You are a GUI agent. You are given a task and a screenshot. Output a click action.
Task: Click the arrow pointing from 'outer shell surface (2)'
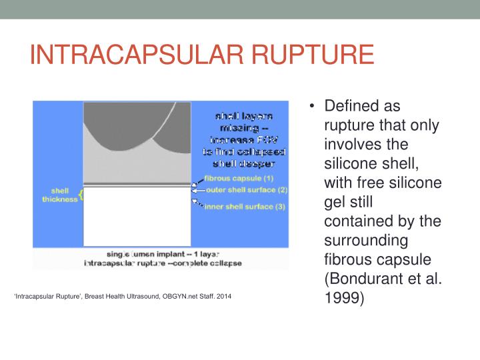click(198, 191)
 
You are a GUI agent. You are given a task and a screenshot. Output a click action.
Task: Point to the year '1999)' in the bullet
click(344, 297)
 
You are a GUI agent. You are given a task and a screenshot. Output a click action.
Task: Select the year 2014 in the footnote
click(224, 295)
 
